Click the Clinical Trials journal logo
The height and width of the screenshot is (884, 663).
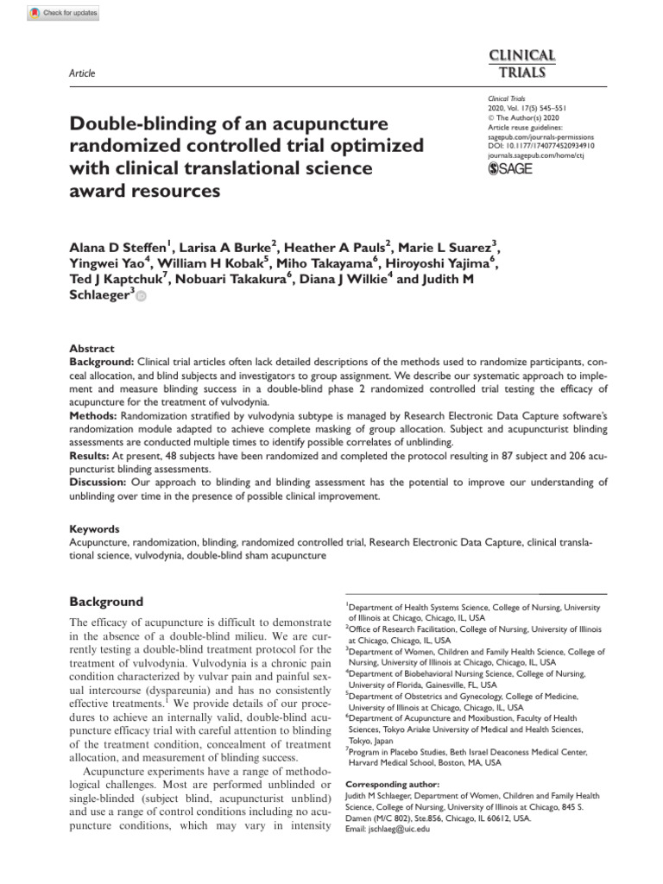tap(523, 63)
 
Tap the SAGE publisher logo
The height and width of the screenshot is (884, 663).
tap(510, 168)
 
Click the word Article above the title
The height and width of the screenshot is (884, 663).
tap(81, 73)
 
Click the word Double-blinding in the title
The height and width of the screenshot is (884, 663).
tap(130, 123)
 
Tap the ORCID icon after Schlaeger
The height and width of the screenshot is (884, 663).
tap(141, 297)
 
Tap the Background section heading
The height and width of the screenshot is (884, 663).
tap(106, 602)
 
